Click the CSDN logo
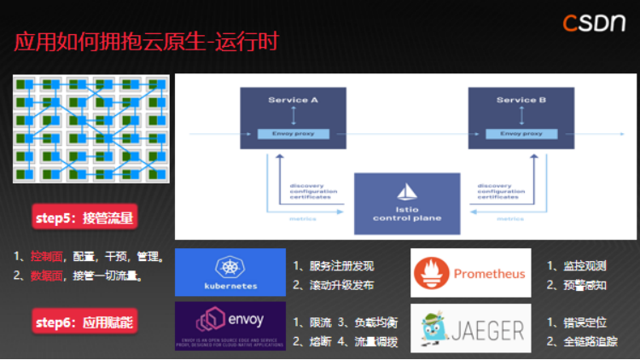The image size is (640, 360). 594,23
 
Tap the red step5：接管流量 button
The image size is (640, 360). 84,218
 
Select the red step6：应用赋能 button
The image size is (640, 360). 84,322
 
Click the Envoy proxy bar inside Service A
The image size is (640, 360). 294,134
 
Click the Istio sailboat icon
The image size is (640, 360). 407,190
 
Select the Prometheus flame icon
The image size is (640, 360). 431,274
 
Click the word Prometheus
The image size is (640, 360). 488,274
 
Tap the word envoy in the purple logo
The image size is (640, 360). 246,321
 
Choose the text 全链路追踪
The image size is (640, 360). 586,343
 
